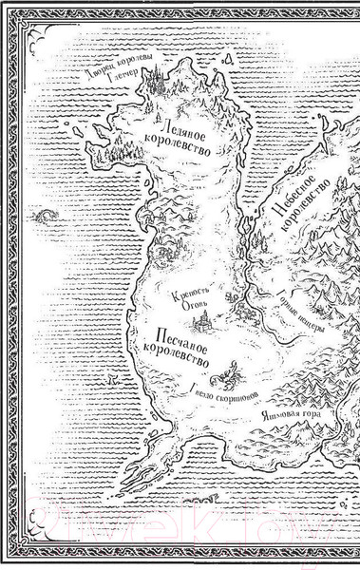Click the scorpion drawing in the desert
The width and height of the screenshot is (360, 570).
click(228, 373)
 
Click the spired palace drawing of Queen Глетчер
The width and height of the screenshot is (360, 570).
click(156, 83)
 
